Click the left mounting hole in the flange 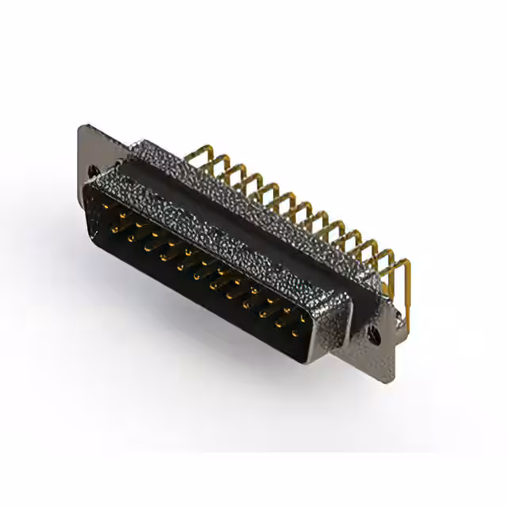tap(94, 170)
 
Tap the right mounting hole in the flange tap(375, 337)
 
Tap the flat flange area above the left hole tap(90, 147)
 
